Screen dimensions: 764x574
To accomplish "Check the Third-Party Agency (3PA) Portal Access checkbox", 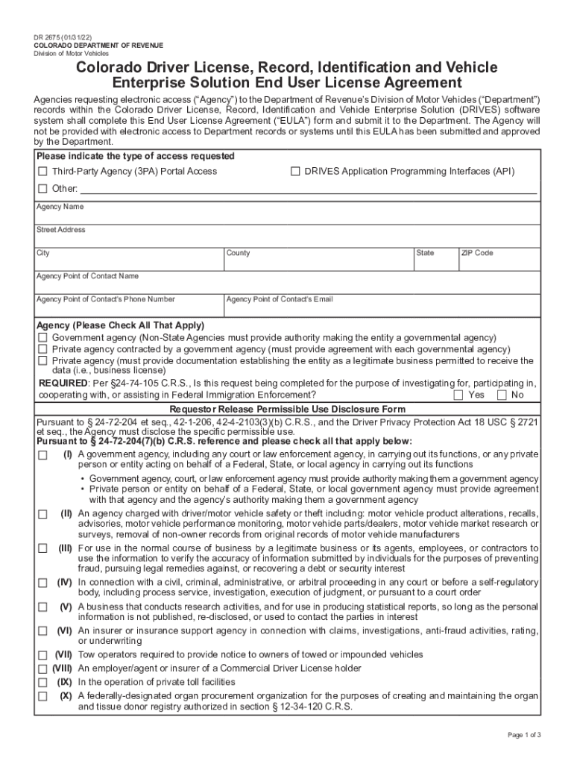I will click(x=42, y=172).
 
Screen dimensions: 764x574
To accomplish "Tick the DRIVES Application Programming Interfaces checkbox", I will click(x=295, y=172).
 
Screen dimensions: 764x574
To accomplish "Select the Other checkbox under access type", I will click(x=42, y=188).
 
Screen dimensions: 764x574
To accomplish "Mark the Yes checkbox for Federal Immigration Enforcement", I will click(x=458, y=395).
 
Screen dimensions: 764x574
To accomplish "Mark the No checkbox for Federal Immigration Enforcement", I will click(x=502, y=395).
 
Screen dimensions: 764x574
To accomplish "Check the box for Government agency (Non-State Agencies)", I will click(x=42, y=338).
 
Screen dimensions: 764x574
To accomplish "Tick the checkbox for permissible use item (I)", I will click(x=42, y=454).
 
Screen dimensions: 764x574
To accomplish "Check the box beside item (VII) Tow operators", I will click(x=42, y=655).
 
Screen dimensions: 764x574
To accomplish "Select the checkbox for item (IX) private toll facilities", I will click(x=42, y=683).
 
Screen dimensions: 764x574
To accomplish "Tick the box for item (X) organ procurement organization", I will click(x=42, y=696).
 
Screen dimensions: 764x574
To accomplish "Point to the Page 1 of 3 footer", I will click(x=524, y=735).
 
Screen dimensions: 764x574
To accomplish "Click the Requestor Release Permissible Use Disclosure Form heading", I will click(x=288, y=409).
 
